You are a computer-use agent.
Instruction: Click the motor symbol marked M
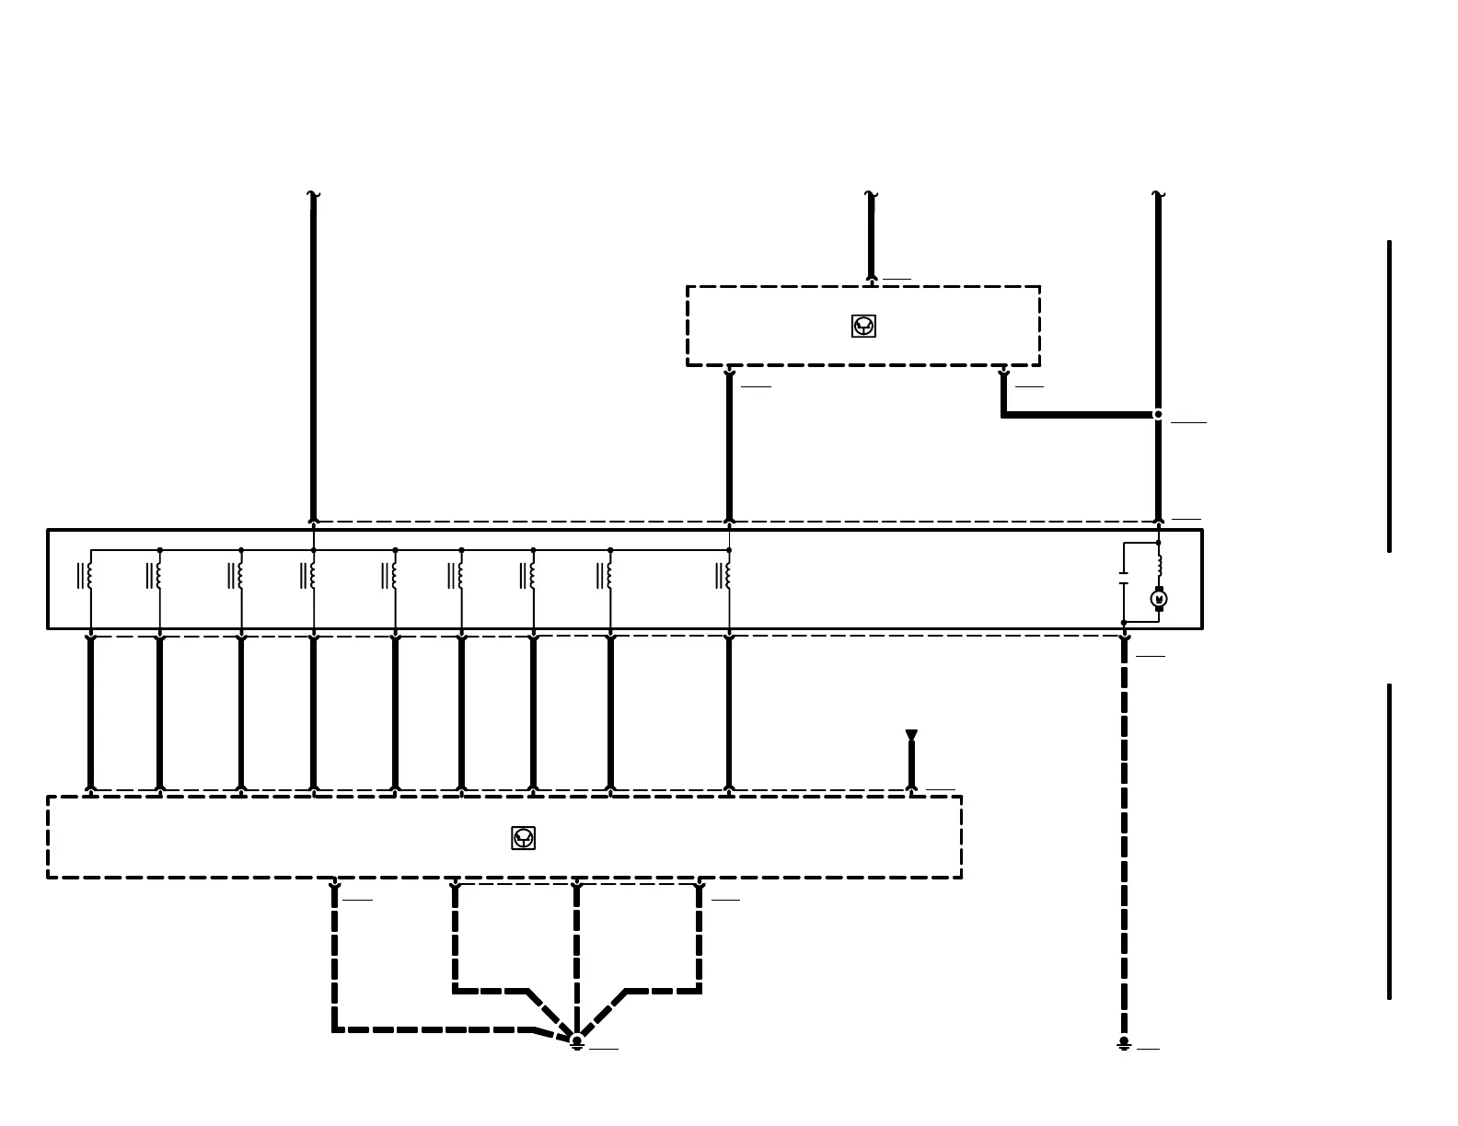(x=1159, y=599)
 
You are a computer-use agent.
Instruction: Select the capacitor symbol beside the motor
(x=1123, y=578)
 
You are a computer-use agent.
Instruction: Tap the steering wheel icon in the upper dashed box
(x=863, y=326)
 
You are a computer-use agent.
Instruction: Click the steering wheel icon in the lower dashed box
(x=523, y=838)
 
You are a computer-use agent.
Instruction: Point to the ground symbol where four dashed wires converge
(x=577, y=1042)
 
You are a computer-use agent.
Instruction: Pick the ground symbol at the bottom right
(x=1124, y=1044)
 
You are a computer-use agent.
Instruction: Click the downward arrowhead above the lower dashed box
(x=911, y=735)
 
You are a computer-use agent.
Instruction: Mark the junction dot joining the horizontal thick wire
(x=1158, y=414)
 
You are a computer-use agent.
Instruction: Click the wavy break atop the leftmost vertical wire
(x=313, y=195)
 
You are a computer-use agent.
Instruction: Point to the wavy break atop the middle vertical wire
(x=871, y=195)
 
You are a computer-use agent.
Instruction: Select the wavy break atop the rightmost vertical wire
(x=1158, y=195)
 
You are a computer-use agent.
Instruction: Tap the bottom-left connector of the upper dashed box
(x=729, y=373)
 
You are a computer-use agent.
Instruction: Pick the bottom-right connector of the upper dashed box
(x=1003, y=373)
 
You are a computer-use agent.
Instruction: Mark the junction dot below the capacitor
(x=1124, y=623)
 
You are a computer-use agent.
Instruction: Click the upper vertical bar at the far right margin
(x=1389, y=396)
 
